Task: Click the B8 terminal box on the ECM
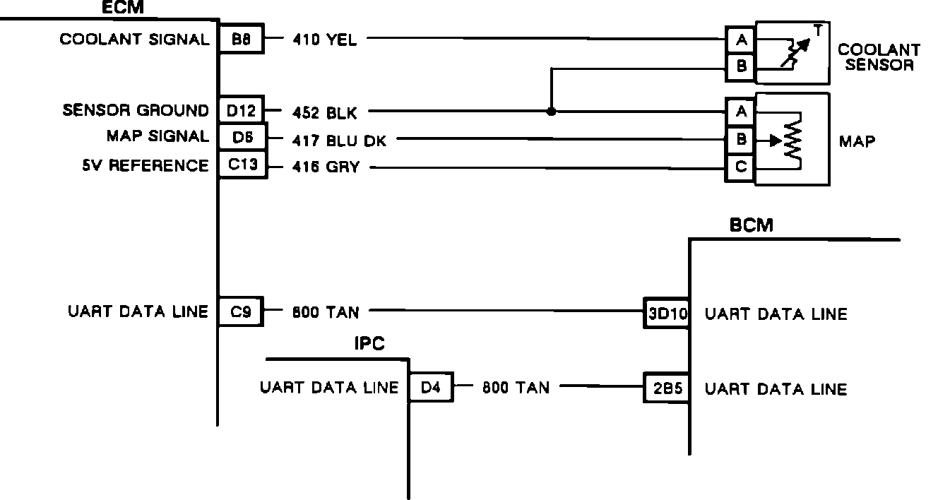click(240, 40)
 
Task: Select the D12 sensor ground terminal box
click(241, 110)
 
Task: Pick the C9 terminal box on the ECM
click(241, 311)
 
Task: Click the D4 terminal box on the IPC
click(430, 388)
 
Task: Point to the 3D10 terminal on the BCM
click(666, 313)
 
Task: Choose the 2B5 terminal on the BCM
click(666, 388)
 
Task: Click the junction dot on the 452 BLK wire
click(551, 112)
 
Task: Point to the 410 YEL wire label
click(324, 40)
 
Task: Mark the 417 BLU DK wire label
click(339, 141)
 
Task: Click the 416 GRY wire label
click(326, 168)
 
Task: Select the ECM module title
click(123, 8)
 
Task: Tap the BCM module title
click(751, 225)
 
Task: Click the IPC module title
click(369, 345)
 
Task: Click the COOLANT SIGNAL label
click(134, 40)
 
